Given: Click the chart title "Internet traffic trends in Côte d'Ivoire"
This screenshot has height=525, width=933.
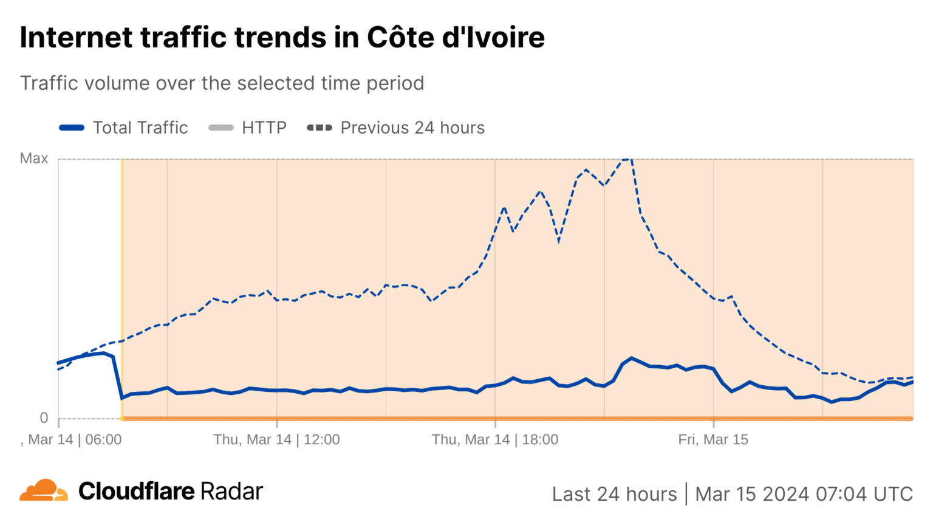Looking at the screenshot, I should coord(282,38).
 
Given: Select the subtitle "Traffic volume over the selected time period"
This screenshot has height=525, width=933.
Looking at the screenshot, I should coord(222,83).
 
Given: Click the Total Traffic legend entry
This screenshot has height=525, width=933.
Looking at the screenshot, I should coord(124,128).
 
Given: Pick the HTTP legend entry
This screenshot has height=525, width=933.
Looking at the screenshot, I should coord(247,128).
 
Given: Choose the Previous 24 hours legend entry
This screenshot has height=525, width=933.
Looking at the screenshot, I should coord(396,128).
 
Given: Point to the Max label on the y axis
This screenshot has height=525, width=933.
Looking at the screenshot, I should coord(34,159).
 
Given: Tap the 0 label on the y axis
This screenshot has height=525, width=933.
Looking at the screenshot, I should coord(44,418).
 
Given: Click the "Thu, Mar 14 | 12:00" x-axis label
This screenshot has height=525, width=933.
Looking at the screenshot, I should coord(276,439).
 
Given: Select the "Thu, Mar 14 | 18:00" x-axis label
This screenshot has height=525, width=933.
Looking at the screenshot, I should coord(494,439).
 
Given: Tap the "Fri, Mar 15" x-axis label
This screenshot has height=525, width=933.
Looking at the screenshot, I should coord(713,439).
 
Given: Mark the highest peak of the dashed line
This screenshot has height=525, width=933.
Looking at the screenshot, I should coord(627,160).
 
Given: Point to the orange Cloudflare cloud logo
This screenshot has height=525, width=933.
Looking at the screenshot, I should coord(43,490).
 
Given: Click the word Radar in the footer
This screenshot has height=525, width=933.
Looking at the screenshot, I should coord(231,491).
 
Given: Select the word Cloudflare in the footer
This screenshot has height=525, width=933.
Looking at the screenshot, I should coord(137,491).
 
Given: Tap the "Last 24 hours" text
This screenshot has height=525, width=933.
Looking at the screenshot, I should coord(614,494).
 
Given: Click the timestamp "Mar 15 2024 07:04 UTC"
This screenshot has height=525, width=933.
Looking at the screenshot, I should coord(804,494).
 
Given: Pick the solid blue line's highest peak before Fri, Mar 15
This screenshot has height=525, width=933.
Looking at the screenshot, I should coord(632,358).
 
